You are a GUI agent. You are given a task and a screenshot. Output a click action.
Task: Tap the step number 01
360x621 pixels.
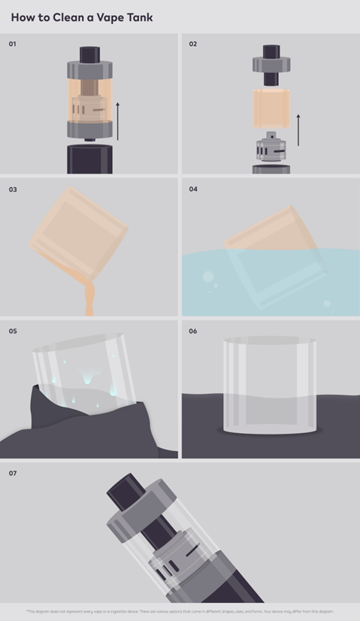[13, 44]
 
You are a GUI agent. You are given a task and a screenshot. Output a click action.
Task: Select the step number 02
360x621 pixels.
[193, 44]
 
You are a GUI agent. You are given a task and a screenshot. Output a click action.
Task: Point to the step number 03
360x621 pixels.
[13, 189]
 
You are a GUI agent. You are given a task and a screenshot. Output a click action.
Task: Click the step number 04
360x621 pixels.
[193, 189]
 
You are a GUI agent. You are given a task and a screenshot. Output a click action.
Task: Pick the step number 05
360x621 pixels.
[13, 331]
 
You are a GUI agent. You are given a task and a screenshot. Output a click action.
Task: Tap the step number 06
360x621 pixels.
[193, 331]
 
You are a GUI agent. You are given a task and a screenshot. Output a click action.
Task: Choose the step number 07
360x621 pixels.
[13, 473]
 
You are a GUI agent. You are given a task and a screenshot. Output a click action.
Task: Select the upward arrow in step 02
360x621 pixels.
[298, 130]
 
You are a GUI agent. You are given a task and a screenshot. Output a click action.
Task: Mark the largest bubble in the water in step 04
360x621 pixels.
[207, 277]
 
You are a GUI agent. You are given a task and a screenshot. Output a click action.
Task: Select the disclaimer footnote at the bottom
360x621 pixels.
[180, 611]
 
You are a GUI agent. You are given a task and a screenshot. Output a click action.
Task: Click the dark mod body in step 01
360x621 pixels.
[89, 159]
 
